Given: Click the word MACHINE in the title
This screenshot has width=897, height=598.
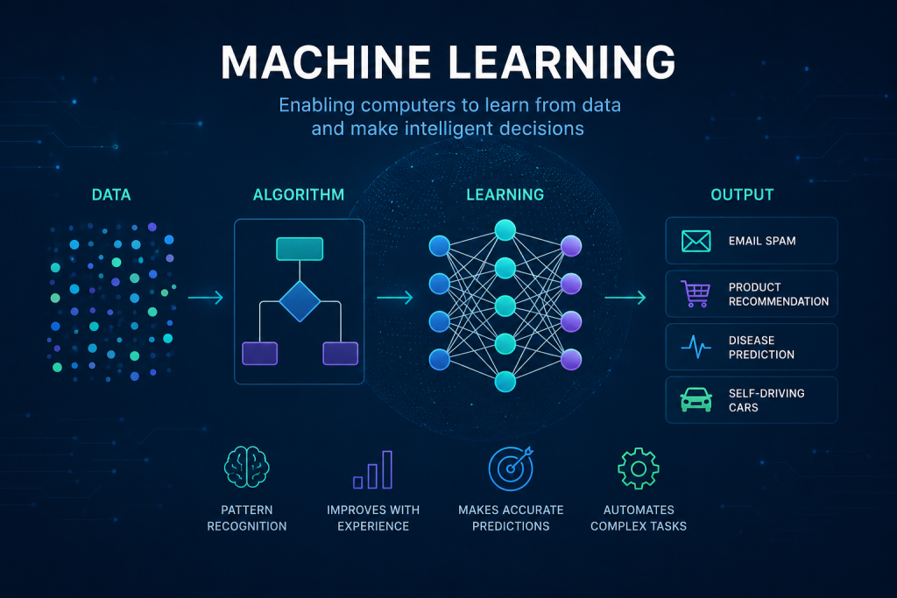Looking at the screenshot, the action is pyautogui.click(x=326, y=62).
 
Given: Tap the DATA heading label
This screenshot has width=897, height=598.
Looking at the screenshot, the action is pyautogui.click(x=111, y=195).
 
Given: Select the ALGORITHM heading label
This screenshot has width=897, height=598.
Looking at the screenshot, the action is pyautogui.click(x=299, y=195).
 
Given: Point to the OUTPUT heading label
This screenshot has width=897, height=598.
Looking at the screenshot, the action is pyautogui.click(x=742, y=195).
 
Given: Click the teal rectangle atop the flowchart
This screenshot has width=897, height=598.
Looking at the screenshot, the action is pyautogui.click(x=300, y=249).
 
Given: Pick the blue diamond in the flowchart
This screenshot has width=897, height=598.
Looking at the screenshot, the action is pyautogui.click(x=300, y=301).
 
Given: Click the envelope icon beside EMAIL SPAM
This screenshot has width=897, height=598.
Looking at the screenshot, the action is pyautogui.click(x=696, y=242).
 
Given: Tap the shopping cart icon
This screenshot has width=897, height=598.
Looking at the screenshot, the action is pyautogui.click(x=696, y=294).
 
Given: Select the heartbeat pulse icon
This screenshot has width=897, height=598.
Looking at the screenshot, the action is pyautogui.click(x=696, y=347).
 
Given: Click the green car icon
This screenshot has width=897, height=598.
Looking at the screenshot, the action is pyautogui.click(x=696, y=399).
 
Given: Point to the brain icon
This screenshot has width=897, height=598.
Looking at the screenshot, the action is pyautogui.click(x=246, y=467).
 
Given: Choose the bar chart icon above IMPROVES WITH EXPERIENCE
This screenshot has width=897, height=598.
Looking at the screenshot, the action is pyautogui.click(x=373, y=470).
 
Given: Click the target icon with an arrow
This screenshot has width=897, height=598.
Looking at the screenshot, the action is pyautogui.click(x=511, y=468).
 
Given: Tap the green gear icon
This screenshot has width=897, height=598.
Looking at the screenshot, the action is pyautogui.click(x=639, y=468).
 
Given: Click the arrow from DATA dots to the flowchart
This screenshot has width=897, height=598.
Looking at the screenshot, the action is pyautogui.click(x=205, y=298).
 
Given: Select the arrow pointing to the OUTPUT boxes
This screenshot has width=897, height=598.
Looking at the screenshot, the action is pyautogui.click(x=625, y=298).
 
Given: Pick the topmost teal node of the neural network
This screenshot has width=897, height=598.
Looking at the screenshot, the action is pyautogui.click(x=505, y=229).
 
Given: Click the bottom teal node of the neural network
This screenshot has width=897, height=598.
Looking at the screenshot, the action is pyautogui.click(x=505, y=382).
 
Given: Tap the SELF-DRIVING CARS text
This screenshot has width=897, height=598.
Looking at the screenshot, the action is pyautogui.click(x=766, y=400).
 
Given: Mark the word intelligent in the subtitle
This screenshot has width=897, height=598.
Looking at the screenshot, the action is pyautogui.click(x=448, y=129).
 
